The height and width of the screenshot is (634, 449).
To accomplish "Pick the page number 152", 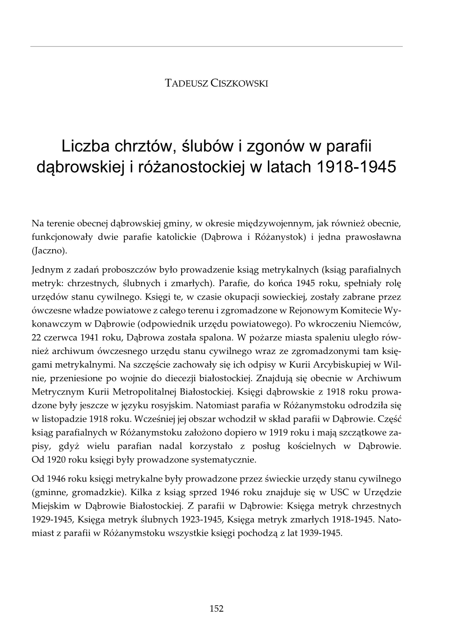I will point(217,608).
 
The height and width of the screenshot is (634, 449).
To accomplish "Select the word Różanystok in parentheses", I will point(278,237).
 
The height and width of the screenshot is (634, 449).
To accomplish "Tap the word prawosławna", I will point(373,237).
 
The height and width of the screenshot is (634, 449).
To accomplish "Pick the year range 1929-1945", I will point(52,519).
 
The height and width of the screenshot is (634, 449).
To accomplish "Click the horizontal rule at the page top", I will point(217,47).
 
